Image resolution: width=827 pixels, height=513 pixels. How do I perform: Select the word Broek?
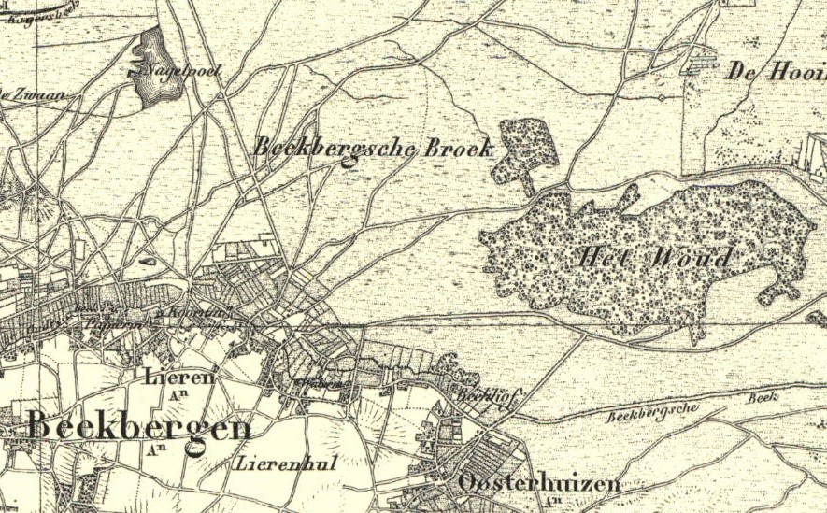tap(458, 148)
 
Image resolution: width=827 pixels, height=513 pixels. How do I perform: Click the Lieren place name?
tap(180, 377)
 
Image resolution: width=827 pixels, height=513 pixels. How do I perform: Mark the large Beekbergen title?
tap(138, 428)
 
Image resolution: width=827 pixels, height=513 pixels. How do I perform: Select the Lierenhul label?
tap(287, 463)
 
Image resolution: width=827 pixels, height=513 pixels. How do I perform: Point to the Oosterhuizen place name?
tap(539, 483)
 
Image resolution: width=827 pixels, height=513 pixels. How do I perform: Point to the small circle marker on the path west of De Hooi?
tap(661, 96)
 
